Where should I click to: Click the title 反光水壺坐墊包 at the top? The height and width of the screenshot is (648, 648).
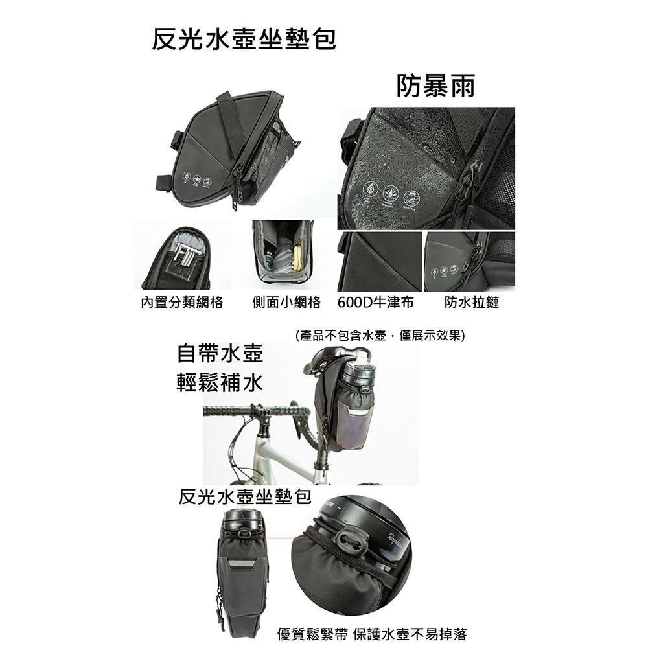(x=244, y=40)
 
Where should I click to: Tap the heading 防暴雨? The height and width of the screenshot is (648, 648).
(x=435, y=86)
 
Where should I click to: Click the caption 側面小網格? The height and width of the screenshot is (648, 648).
(x=286, y=303)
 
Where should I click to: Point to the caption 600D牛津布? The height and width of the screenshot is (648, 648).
(x=376, y=303)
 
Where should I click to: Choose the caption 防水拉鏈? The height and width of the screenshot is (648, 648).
(x=472, y=303)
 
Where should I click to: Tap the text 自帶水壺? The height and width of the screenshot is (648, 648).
(x=220, y=355)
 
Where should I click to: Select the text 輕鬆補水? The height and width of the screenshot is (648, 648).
(x=220, y=383)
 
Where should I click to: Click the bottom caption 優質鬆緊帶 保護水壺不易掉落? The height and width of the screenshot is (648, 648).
(x=371, y=634)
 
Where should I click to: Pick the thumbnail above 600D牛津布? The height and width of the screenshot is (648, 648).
(x=379, y=261)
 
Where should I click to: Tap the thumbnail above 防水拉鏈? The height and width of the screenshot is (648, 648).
(x=469, y=261)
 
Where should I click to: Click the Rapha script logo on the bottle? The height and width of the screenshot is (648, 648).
(x=395, y=537)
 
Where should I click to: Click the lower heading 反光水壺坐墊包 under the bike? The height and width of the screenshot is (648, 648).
(x=244, y=498)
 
